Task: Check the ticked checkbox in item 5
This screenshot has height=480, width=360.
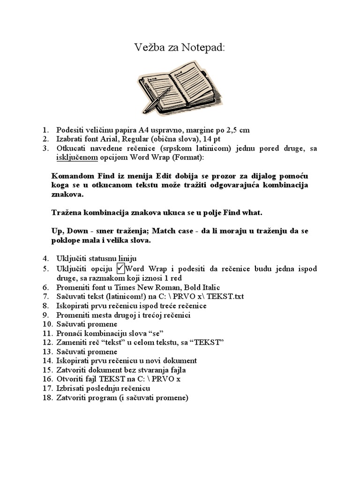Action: tap(120, 268)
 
